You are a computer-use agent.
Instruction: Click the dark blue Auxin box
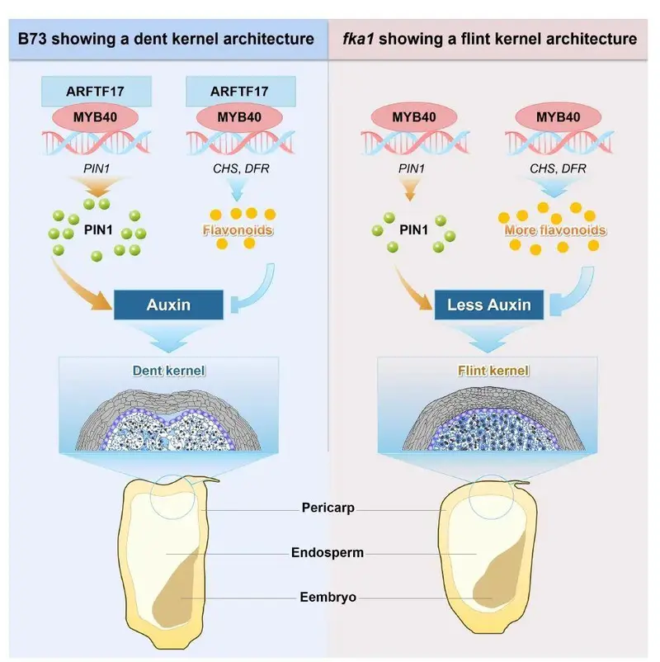(168, 305)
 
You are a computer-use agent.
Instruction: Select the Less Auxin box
(489, 305)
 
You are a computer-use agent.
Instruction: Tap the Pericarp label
(328, 508)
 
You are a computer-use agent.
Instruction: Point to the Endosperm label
(328, 552)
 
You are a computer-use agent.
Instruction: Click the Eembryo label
(328, 597)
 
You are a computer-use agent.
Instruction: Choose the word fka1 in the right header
(358, 39)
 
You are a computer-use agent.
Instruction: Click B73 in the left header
(32, 39)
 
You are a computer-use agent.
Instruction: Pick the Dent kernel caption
(169, 371)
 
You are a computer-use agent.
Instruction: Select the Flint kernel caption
(493, 371)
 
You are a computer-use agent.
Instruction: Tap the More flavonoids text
(555, 230)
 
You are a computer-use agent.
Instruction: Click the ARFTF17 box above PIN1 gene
(97, 91)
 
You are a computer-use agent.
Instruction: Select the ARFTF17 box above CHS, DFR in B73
(241, 91)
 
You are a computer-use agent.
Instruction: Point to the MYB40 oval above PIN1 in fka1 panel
(414, 117)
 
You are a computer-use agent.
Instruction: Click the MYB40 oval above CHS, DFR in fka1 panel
(558, 117)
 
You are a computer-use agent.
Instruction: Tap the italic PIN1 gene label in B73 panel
(97, 168)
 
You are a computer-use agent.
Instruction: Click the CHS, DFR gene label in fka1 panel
(558, 168)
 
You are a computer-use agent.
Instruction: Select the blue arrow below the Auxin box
(169, 337)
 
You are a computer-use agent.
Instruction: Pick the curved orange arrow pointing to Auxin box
(79, 287)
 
